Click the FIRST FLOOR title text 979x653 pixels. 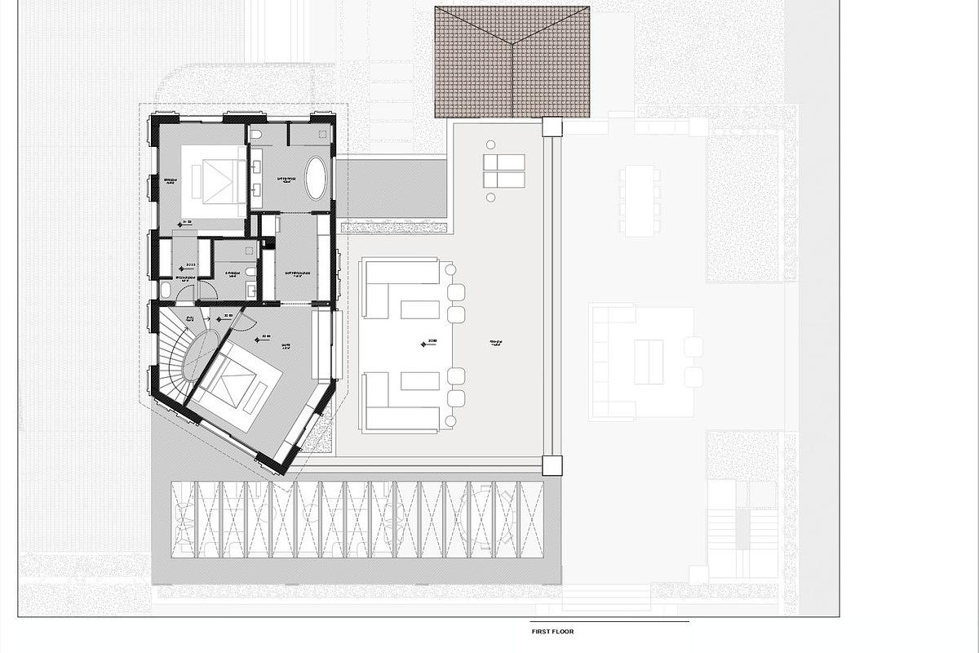tap(552, 631)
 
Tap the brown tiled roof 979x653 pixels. tap(512, 62)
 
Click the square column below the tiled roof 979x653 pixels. tap(552, 127)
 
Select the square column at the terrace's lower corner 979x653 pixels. tap(552, 465)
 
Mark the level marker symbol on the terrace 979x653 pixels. tap(423, 344)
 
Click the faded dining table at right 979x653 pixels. tap(640, 201)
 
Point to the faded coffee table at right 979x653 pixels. tap(649, 362)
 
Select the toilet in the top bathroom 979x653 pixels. tap(255, 134)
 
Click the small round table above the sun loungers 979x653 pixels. tap(490, 144)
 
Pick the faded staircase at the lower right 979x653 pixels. tap(742, 531)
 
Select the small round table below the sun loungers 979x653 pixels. tap(490, 198)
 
